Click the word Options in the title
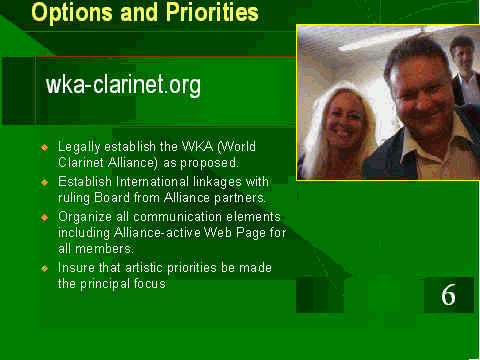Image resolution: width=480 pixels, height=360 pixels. (x=72, y=13)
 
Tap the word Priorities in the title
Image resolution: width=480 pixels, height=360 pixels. (x=212, y=12)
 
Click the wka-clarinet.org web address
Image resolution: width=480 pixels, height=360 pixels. (x=123, y=85)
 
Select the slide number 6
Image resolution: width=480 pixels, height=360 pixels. (x=448, y=295)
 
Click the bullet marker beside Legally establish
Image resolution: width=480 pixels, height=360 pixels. (x=45, y=147)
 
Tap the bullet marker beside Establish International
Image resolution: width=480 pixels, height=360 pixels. (x=45, y=182)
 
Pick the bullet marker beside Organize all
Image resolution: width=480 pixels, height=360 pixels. (x=45, y=217)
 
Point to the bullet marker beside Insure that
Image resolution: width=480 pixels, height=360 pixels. (x=45, y=268)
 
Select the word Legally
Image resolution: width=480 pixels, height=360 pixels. (x=79, y=147)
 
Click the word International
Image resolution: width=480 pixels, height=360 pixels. (x=152, y=182)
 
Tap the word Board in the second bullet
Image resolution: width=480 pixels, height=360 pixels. (x=112, y=198)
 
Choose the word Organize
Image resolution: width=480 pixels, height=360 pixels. (x=85, y=217)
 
